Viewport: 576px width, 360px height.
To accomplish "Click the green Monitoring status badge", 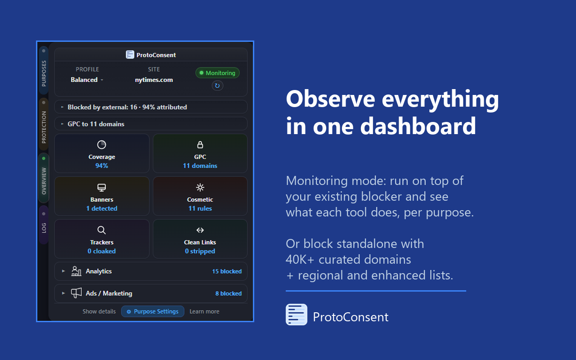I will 217,73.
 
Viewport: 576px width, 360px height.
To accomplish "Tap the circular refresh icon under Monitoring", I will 217,85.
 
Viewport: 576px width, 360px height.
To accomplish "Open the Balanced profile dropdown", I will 87,80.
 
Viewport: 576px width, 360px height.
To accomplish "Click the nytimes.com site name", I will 154,80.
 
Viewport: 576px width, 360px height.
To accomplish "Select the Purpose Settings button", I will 153,311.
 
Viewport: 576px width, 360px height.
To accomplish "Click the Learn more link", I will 204,311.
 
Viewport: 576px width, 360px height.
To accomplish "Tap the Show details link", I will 99,311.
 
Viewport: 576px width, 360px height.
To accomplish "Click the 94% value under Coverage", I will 102,166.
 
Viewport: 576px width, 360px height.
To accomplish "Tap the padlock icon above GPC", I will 200,144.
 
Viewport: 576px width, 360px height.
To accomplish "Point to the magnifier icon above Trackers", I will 102,230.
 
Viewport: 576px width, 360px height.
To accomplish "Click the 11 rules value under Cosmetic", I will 200,208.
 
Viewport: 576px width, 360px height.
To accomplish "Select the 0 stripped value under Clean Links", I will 200,251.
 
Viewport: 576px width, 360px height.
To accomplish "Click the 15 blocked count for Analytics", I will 227,271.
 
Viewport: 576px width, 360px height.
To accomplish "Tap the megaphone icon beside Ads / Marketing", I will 76,293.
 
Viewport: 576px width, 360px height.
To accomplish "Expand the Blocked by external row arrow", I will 63,107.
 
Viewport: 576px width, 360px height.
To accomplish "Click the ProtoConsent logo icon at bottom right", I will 297,315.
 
